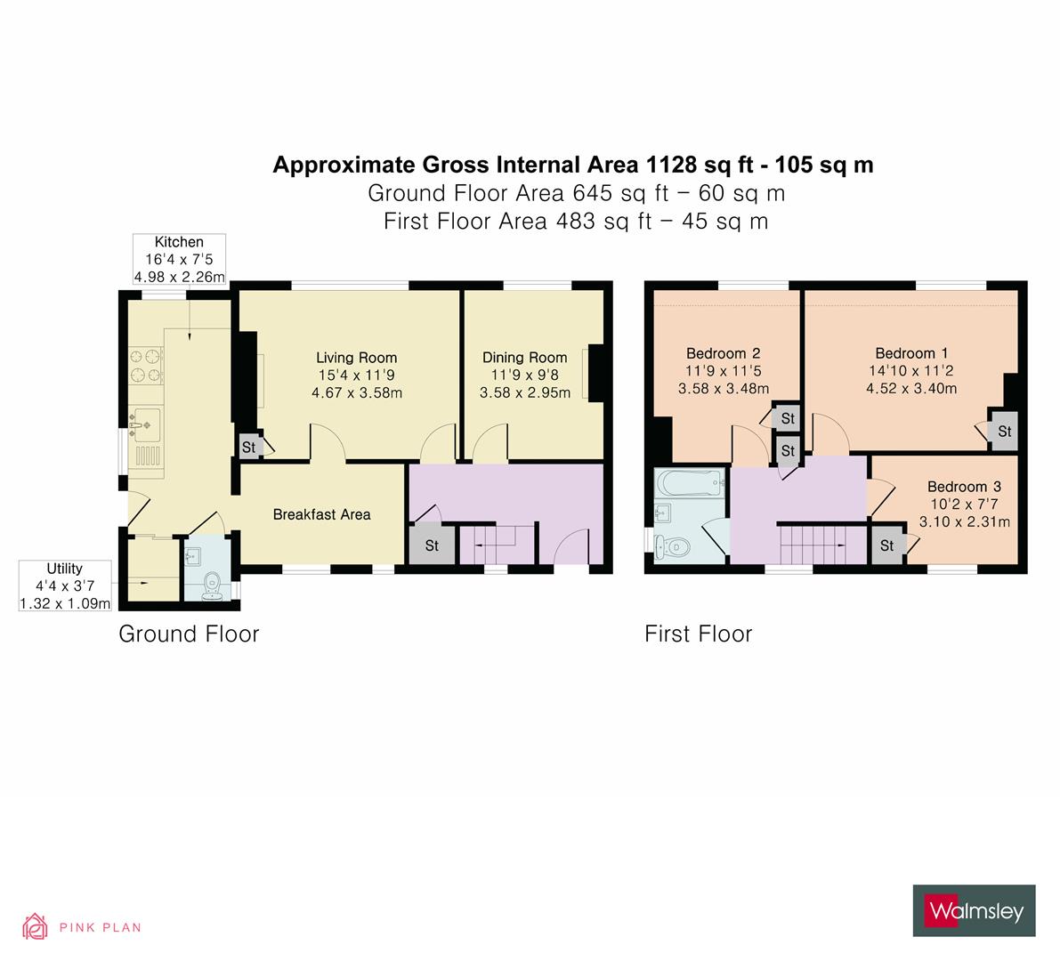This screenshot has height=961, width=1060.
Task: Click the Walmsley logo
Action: point(974,910)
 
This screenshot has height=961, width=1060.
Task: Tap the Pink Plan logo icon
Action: point(35,927)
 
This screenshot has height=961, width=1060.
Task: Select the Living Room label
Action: point(356,358)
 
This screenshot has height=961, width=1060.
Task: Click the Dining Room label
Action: point(524,358)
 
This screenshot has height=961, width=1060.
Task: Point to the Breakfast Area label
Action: point(321,514)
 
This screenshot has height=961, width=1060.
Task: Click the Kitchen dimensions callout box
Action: point(179,260)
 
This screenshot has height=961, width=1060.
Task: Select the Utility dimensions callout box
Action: point(65,585)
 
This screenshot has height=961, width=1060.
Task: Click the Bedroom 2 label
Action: point(723,353)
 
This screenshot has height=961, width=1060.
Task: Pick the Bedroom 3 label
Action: point(964,487)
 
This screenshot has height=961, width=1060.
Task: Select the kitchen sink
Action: point(142,424)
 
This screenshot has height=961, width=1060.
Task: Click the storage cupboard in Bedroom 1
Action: point(1004,432)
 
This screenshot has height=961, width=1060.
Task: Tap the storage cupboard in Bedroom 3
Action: point(886,545)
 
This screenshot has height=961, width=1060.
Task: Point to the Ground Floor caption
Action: point(189,634)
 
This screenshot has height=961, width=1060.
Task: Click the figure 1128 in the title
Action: point(668,165)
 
